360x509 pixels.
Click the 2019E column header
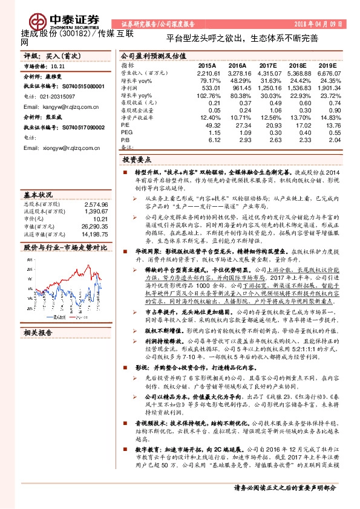tap(327, 65)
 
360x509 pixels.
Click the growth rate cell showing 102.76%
tap(208, 96)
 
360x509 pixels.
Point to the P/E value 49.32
tap(212, 126)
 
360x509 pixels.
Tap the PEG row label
tap(127, 134)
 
